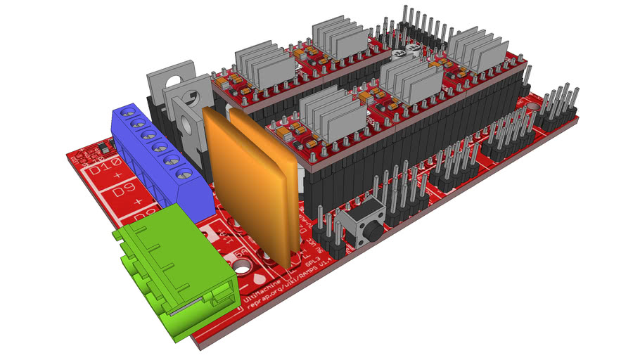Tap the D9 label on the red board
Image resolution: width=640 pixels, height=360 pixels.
coord(105,190)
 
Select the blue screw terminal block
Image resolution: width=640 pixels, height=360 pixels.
coord(160,158)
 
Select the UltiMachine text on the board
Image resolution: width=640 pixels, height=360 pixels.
coord(260,292)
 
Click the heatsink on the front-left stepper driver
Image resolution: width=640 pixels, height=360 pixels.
coord(333,112)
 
